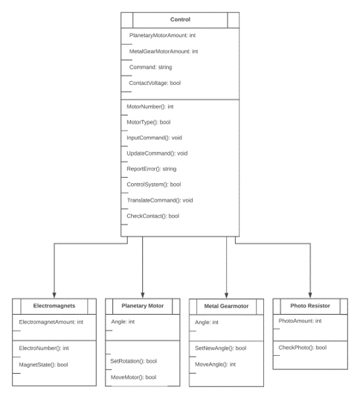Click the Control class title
180,19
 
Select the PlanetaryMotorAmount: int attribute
162,36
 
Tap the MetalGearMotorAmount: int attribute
164,51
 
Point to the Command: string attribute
150,67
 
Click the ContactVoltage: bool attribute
155,83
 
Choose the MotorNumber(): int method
150,106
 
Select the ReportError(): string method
152,169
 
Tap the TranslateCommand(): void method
160,200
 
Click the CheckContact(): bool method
152,216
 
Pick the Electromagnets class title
54,306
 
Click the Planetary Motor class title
143,306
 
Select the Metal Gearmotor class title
226,306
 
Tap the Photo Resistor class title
310,306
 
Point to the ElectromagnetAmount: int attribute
51,322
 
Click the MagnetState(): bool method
43,365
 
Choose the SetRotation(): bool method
133,361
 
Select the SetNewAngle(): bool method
220,348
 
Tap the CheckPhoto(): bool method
303,348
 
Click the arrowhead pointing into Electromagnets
54,296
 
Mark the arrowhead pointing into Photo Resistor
310,296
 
